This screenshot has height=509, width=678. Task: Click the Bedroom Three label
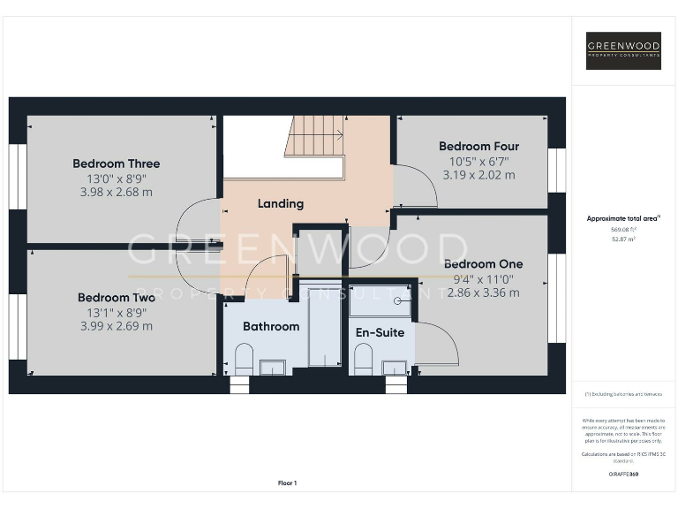click(x=116, y=163)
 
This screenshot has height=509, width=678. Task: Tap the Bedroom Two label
click(x=116, y=298)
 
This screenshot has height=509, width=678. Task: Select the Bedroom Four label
click(x=478, y=147)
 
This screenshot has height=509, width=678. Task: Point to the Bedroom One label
click(x=483, y=264)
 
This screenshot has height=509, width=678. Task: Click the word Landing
click(x=280, y=204)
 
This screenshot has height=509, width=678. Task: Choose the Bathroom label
click(x=271, y=326)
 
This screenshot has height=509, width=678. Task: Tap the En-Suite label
click(x=380, y=333)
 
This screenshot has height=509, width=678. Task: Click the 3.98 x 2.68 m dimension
click(x=116, y=192)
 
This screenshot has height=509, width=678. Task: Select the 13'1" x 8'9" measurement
click(x=116, y=312)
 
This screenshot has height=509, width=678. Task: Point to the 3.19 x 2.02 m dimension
click(x=478, y=175)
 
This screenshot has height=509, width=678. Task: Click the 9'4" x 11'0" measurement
click(x=483, y=278)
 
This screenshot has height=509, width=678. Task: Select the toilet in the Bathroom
click(x=245, y=358)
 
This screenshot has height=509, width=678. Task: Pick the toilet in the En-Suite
click(x=362, y=358)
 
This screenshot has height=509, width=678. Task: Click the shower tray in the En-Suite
click(x=380, y=300)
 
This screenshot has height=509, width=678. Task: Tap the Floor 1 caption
click(x=288, y=482)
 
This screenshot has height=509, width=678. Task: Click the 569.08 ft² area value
click(x=623, y=228)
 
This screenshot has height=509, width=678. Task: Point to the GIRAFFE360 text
click(x=623, y=475)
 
